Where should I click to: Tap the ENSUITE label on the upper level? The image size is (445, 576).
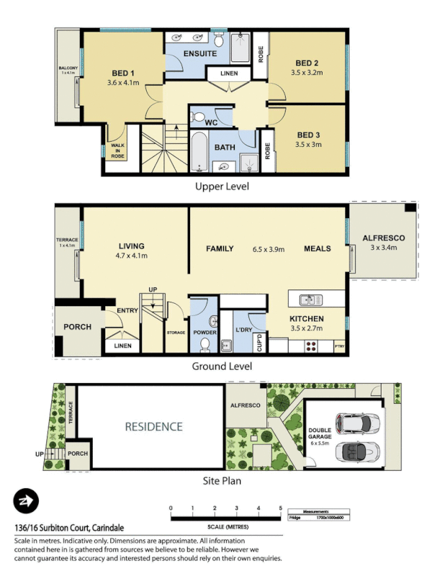pos(199,54)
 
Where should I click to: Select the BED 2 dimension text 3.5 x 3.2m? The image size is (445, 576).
pos(307,73)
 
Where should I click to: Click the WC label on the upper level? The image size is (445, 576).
pos(211,123)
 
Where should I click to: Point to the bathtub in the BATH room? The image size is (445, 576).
pos(199,152)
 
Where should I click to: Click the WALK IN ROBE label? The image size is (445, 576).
pos(117,150)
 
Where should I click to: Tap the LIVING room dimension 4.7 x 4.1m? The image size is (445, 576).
pos(132,256)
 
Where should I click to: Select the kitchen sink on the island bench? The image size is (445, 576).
pos(308,298)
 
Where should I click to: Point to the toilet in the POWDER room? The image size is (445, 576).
pos(204,344)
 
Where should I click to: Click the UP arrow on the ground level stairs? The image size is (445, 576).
pos(152,297)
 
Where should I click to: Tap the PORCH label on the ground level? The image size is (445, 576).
pos(78,327)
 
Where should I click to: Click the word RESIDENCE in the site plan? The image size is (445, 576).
pos(154,426)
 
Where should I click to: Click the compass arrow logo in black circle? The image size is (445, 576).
pos(26,501)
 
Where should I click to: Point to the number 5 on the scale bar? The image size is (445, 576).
pos(280,508)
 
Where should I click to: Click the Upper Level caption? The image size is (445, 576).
pos(223,186)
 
